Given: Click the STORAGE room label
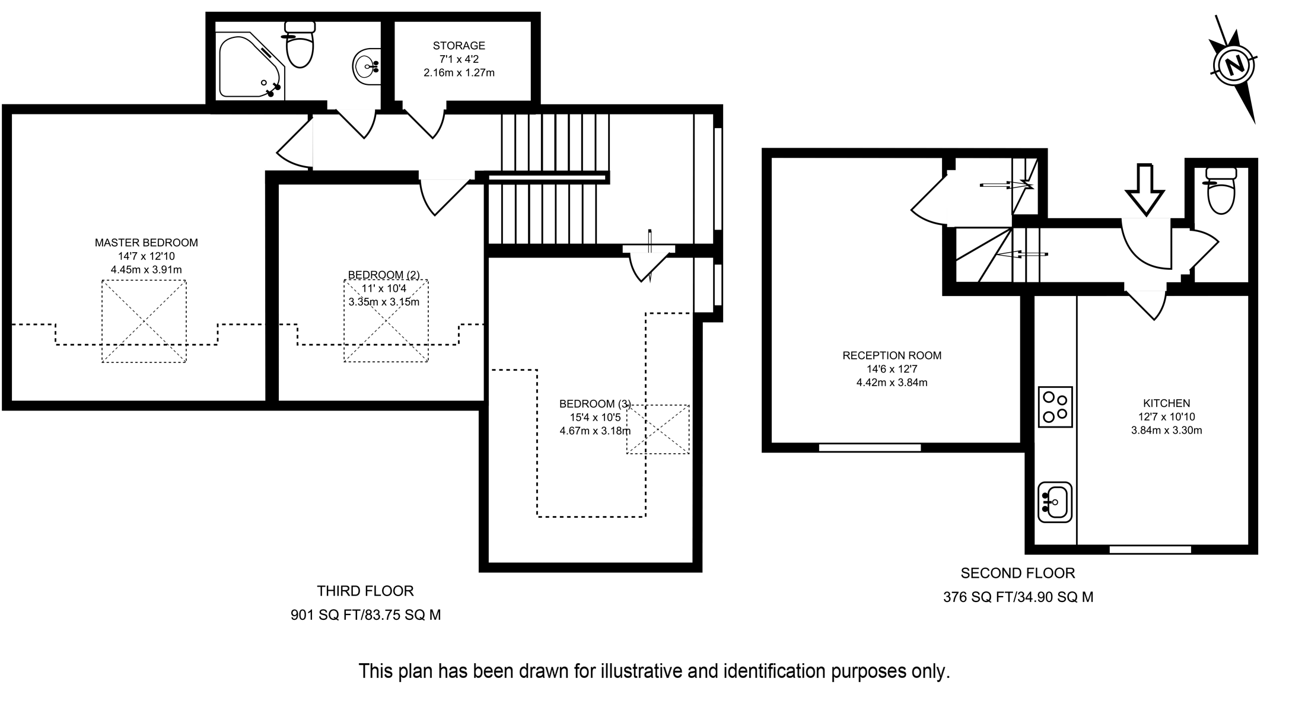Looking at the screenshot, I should coord(459,46).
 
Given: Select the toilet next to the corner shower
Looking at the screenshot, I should coord(300,46).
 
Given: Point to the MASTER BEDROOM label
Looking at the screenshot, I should coord(146,243).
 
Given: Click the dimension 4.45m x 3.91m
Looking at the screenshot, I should coord(146,270).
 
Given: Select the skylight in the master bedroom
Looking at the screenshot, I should coord(144,321).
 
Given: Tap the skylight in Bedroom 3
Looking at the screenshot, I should coord(658,429).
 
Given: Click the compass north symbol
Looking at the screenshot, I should coord(1234,65).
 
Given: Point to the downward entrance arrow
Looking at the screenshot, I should coord(1145,189).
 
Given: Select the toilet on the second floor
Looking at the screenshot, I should coord(1221,191).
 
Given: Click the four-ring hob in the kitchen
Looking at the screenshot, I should coord(1055,407).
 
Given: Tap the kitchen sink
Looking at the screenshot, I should coord(1055,502).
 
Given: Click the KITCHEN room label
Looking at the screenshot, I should coord(1166,403).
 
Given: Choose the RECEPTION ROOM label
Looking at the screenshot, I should coord(892,356).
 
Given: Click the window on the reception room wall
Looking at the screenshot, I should coord(870,448).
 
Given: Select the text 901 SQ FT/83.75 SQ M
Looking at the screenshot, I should coord(365,615).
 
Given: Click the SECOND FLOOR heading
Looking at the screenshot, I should coord(1017,574).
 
